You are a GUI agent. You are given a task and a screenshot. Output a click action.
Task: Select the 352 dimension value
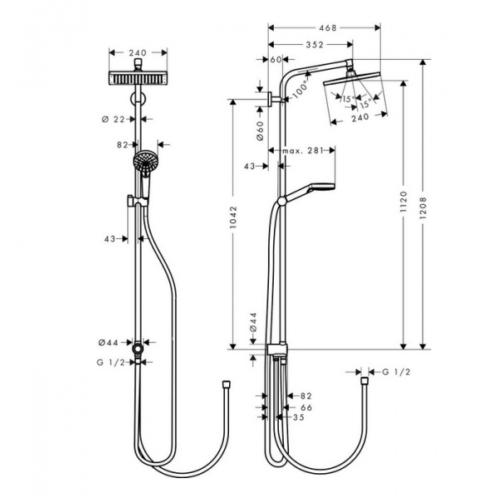point(313,45)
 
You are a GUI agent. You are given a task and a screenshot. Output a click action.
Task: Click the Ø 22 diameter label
point(124,119)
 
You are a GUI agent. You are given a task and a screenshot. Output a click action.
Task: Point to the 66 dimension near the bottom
point(305,408)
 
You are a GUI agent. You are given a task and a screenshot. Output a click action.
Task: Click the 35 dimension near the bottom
point(299,418)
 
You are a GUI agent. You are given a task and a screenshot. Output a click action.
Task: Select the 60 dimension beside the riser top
point(276,59)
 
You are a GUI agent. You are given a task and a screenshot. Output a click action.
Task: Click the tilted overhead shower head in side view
point(352,86)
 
